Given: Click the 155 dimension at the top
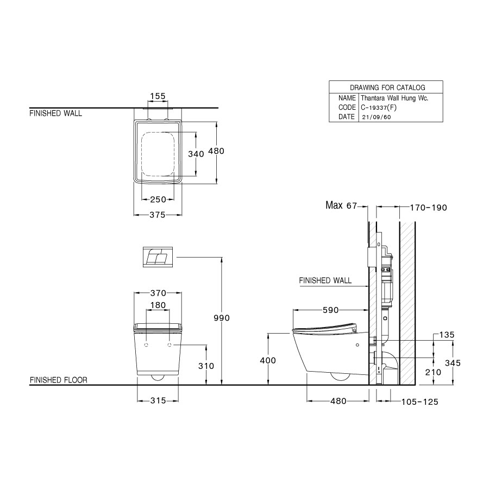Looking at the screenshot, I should click(x=157, y=96).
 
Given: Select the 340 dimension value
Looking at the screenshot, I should click(x=196, y=154).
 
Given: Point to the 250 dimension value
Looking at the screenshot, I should click(x=158, y=199).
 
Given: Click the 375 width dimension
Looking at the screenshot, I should click(x=157, y=215).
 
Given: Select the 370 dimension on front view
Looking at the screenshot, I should click(x=158, y=293).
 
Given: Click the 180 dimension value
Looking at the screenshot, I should click(x=158, y=305).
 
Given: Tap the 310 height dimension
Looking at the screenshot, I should click(x=206, y=366).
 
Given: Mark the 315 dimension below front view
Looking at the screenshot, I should click(x=158, y=401).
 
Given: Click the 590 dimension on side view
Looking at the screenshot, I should click(x=330, y=310).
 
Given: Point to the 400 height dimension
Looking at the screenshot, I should click(x=268, y=360).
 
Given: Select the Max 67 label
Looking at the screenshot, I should click(x=341, y=205).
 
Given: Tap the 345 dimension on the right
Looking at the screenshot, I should click(x=453, y=362).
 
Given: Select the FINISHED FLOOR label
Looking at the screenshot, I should click(x=58, y=380).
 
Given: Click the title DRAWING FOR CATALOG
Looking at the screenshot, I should click(x=387, y=87).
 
